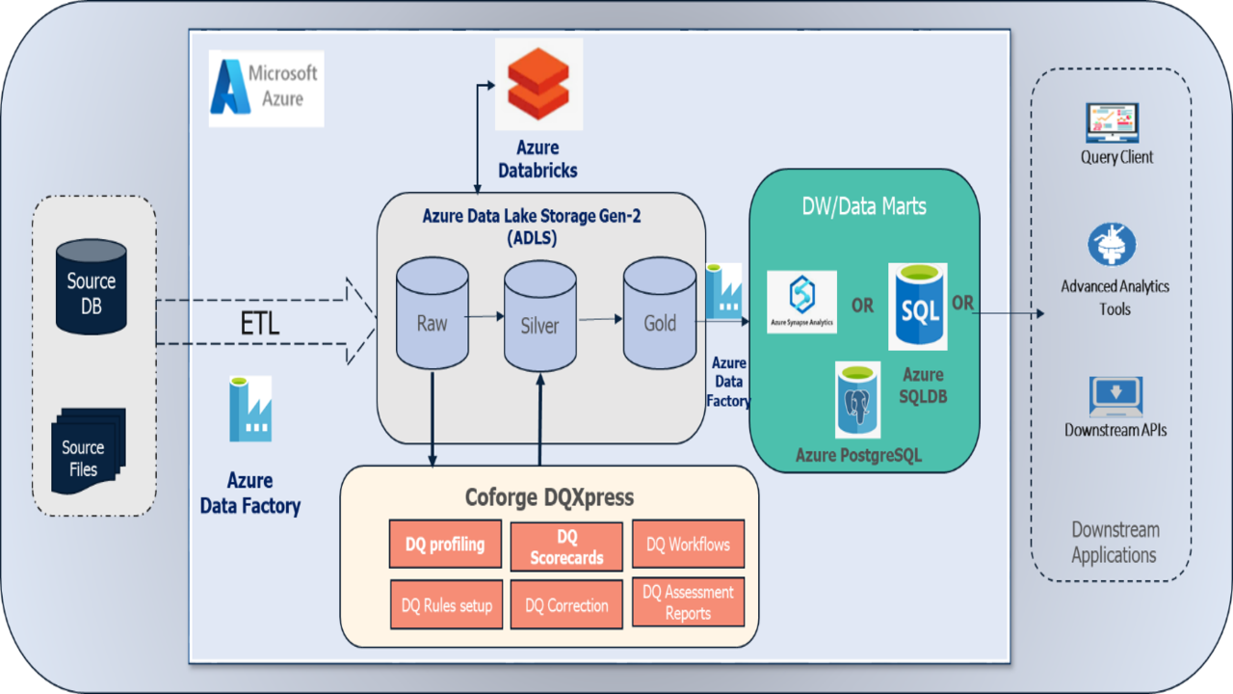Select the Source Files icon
pos(88,452)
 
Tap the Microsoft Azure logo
pos(266,88)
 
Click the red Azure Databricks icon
pos(538,84)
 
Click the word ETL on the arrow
pos(259,324)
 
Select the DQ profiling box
pos(445,545)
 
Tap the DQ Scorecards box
pos(566,547)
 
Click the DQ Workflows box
pos(688,545)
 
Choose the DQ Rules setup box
pos(446,605)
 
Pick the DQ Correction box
pos(566,605)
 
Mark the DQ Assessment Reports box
pos(688,602)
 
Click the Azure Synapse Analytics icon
pos(801,302)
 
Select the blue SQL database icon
pos(917,307)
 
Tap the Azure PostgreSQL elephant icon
pos(857,400)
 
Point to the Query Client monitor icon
pos(1113,122)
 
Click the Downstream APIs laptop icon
pos(1115,396)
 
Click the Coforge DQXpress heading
pos(549,497)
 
